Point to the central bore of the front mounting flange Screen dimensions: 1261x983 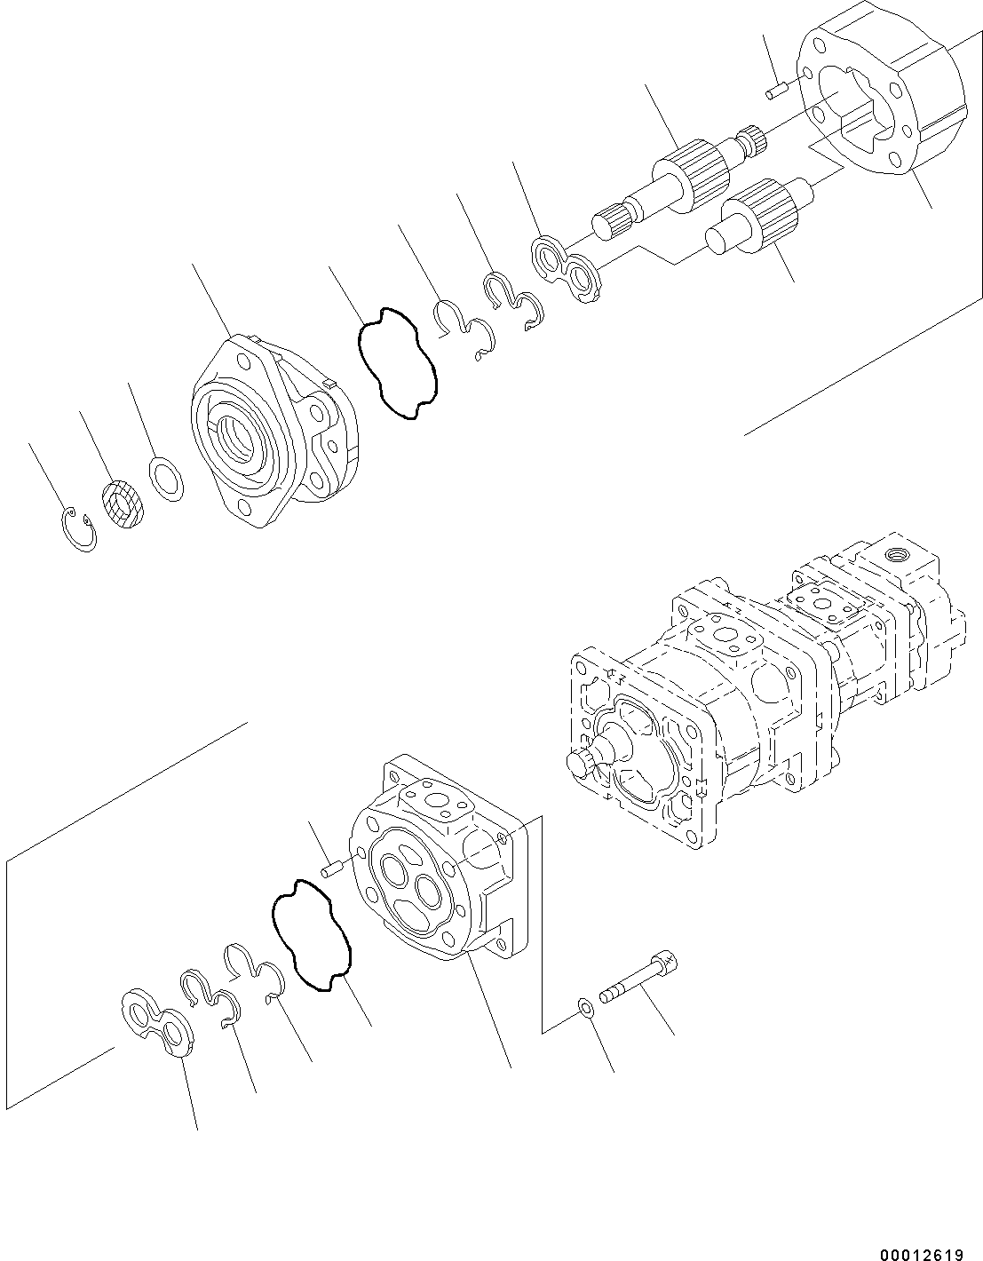point(242,434)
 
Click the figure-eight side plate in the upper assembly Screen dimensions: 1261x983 point(567,268)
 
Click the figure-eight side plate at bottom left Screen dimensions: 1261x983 point(157,1022)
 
